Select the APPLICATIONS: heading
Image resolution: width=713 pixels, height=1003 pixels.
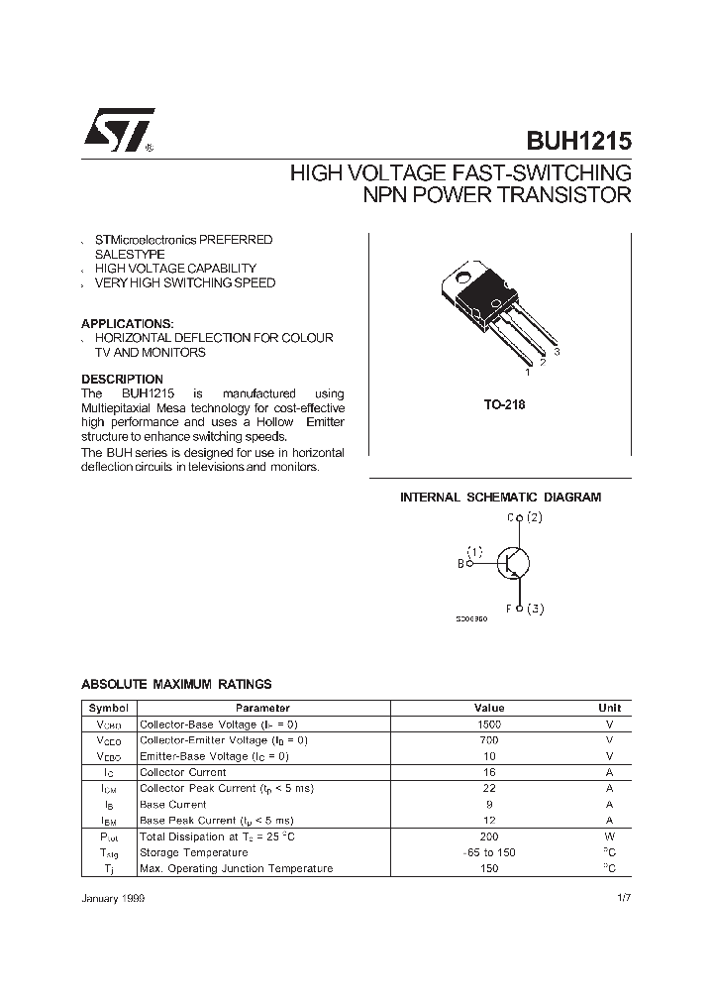127,324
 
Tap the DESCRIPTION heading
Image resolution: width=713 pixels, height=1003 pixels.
122,380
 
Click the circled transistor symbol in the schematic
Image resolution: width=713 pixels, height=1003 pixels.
512,563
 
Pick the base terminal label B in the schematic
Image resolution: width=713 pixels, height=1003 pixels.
460,564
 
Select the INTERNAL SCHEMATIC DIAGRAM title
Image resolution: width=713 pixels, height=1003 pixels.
500,498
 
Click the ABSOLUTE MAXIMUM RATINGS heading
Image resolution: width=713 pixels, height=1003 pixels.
175,685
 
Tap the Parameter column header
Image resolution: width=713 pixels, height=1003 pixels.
262,709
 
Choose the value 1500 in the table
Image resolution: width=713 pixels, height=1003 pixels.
489,724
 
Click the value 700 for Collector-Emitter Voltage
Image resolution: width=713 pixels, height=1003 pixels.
489,740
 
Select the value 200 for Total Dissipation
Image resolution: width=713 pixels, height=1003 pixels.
489,836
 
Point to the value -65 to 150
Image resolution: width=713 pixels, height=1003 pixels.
489,852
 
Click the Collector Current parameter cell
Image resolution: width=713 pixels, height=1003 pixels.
183,772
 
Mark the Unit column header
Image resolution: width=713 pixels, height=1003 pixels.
609,709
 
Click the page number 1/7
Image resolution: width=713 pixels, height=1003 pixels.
621,896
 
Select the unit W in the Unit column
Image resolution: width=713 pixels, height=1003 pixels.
609,836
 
